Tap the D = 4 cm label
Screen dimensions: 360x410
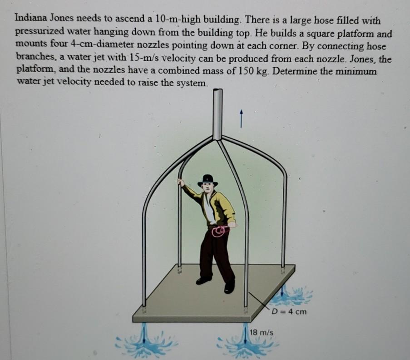pyautogui.click(x=289, y=311)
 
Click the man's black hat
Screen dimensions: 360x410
pyautogui.click(x=208, y=180)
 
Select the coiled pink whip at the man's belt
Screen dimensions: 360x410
pyautogui.click(x=219, y=232)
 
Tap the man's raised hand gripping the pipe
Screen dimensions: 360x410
pyautogui.click(x=180, y=182)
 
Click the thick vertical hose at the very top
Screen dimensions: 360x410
pyautogui.click(x=218, y=113)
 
